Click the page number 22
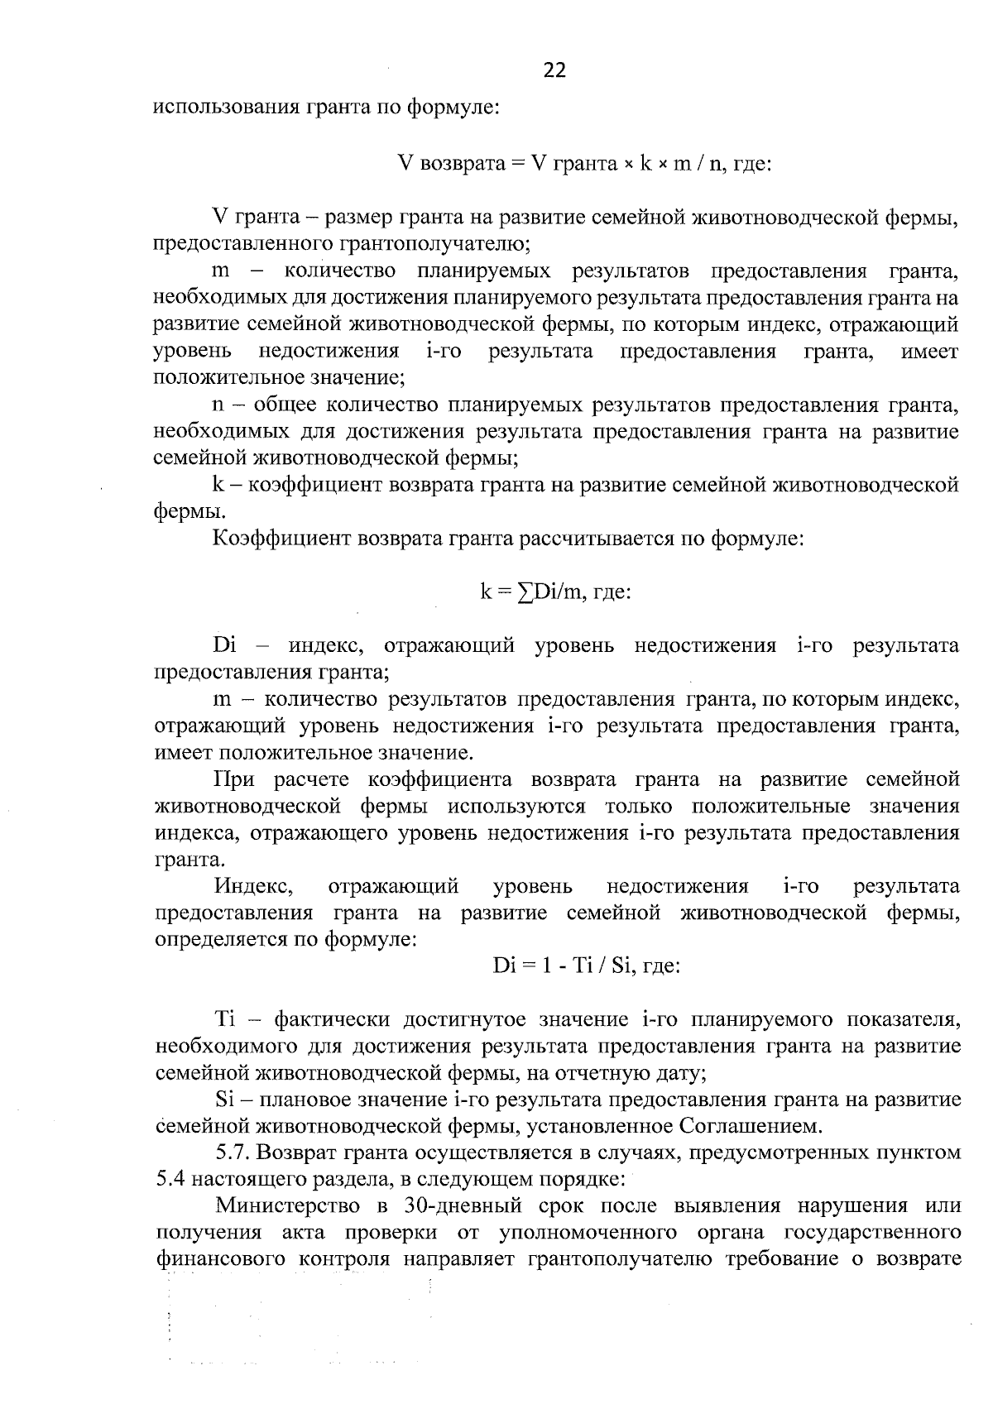point(554,71)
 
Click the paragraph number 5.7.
point(231,1152)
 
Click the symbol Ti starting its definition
point(225,1018)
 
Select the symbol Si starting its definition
point(226,1100)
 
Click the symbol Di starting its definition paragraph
point(225,645)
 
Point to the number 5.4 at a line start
point(171,1179)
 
